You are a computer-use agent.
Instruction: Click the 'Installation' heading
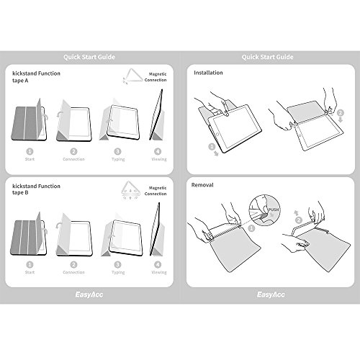pos(209,73)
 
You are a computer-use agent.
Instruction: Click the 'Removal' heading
pos(203,185)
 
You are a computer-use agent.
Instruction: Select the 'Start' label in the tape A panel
pos(30,160)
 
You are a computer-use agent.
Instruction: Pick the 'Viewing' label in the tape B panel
pos(158,272)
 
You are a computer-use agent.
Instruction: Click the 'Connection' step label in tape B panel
pos(73,272)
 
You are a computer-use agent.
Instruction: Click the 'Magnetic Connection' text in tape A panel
pos(158,76)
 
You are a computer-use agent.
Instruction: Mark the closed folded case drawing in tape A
pos(31,122)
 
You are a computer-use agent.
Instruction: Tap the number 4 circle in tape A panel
pos(158,151)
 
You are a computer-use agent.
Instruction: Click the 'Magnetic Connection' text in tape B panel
pos(158,192)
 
